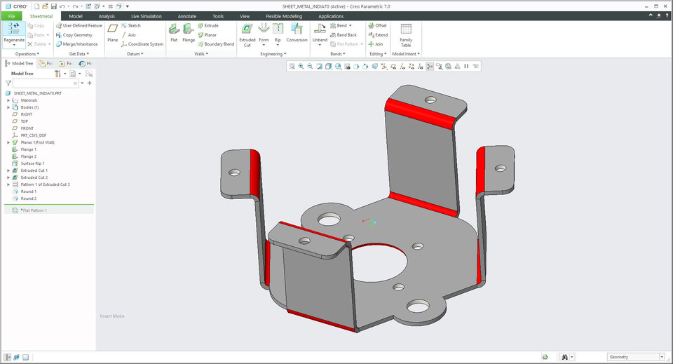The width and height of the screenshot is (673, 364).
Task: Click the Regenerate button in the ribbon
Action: pos(13,32)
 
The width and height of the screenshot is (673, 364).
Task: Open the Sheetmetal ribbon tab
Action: pos(41,16)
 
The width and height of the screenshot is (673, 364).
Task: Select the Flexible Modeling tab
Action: pos(283,16)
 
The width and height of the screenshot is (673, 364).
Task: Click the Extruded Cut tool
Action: pos(247,33)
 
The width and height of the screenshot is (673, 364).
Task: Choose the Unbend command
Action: pos(320,33)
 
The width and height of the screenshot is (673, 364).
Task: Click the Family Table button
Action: pos(406,33)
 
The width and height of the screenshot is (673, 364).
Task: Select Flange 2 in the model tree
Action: pos(28,156)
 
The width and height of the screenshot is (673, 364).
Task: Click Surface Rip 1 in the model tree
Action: pos(32,163)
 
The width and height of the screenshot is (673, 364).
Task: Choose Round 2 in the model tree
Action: pos(28,198)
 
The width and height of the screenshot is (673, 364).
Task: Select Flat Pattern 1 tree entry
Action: pos(34,210)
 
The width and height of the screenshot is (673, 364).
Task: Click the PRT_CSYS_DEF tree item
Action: pos(33,135)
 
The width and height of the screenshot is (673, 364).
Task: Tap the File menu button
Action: pos(11,16)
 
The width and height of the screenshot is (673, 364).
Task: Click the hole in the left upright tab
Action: pos(234,171)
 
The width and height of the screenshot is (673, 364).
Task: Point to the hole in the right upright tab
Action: pos(501,168)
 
